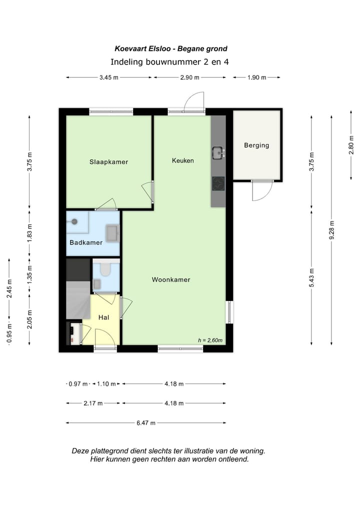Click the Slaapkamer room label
click(x=108, y=162)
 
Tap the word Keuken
click(x=182, y=160)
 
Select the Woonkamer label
click(x=171, y=280)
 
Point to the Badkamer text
click(x=86, y=242)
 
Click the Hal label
click(x=104, y=317)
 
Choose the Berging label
click(x=256, y=145)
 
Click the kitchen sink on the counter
click(x=217, y=151)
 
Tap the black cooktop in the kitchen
click(x=218, y=183)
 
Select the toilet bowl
click(x=105, y=270)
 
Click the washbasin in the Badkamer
click(x=111, y=232)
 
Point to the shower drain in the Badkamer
click(x=74, y=221)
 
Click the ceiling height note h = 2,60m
click(x=210, y=340)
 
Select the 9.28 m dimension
click(x=331, y=229)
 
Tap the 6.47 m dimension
click(x=146, y=422)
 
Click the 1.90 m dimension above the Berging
click(x=256, y=77)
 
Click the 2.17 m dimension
click(x=93, y=403)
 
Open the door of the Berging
click(x=261, y=190)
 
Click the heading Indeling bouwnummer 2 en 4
click(x=169, y=62)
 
